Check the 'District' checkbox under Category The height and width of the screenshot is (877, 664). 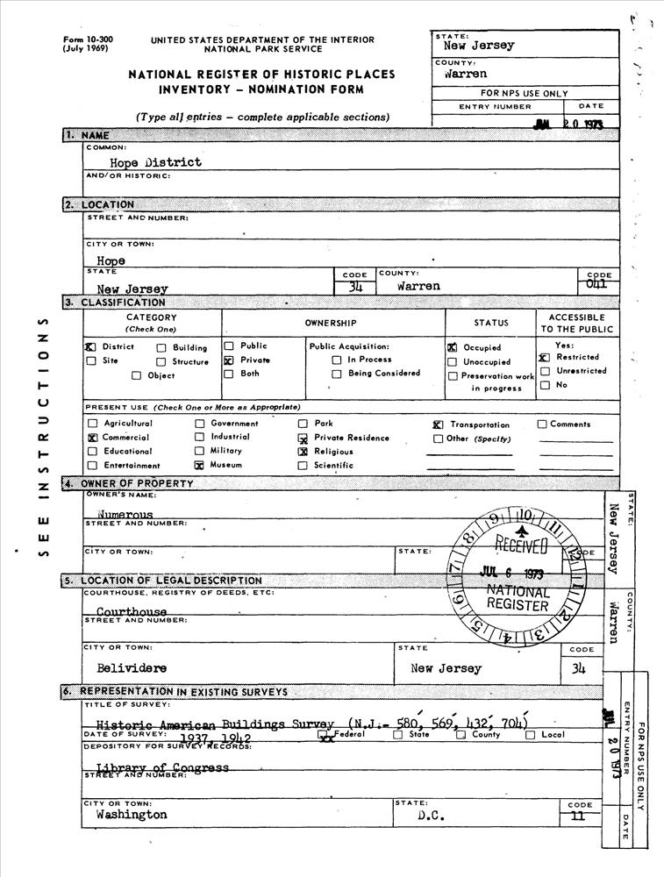[x=90, y=346]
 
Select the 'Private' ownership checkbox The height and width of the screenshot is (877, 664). [x=228, y=360]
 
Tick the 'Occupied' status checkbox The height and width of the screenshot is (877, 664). [x=453, y=348]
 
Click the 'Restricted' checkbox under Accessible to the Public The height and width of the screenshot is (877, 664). [x=544, y=358]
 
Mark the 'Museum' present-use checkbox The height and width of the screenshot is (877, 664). [x=199, y=466]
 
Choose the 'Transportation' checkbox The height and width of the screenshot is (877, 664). [x=438, y=424]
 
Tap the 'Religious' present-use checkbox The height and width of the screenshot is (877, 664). [x=303, y=451]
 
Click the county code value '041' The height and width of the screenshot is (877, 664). [x=596, y=284]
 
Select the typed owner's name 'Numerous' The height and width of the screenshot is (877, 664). [x=125, y=515]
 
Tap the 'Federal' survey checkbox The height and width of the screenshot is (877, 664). [x=326, y=736]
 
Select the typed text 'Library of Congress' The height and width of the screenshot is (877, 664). [x=162, y=768]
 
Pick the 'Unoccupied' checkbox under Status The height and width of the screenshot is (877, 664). [x=453, y=362]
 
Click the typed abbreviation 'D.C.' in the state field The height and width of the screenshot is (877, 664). [x=429, y=816]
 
